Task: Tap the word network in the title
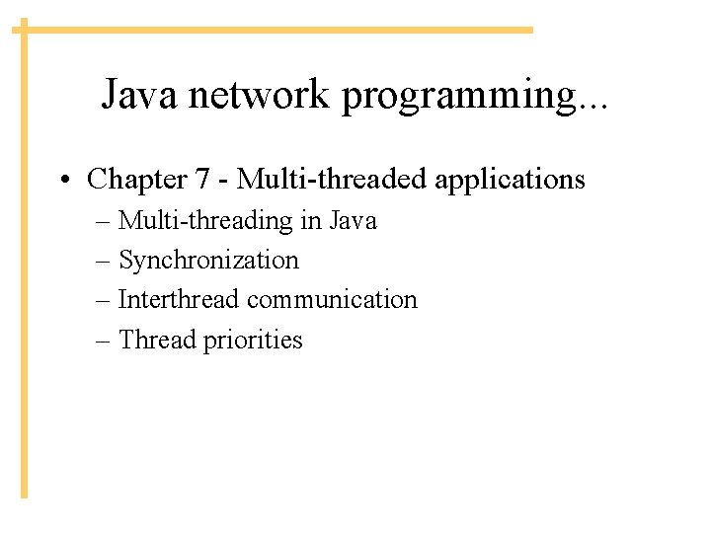263,95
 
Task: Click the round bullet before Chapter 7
64,181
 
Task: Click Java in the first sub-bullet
354,220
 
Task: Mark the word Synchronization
208,261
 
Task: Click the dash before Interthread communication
105,300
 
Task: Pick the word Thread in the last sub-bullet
158,340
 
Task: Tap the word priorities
254,341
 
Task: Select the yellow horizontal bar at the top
276,30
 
